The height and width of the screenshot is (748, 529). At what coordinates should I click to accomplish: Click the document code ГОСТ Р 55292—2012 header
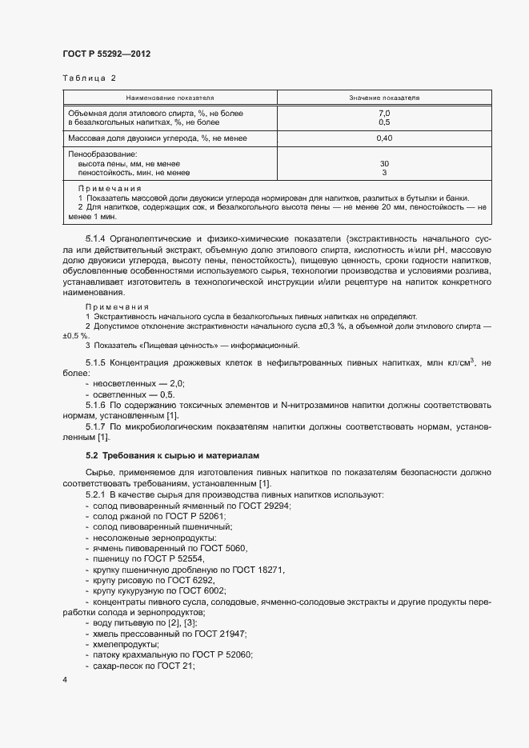coord(106,54)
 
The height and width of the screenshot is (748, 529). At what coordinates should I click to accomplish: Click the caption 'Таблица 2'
coord(89,78)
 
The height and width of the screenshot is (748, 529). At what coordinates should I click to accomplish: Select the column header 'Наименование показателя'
coord(170,98)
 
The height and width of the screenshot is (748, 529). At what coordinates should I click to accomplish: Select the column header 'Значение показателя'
coord(384,98)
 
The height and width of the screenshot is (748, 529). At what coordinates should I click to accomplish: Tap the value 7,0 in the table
coord(384,114)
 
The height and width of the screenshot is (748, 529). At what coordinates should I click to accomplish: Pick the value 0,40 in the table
coord(384,138)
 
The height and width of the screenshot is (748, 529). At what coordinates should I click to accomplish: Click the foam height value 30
coord(384,163)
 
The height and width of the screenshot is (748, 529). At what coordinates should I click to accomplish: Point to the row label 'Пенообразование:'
coord(103,154)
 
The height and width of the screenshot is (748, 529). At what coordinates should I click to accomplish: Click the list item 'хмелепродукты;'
coord(126,643)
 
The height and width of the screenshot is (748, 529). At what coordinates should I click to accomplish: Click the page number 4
coord(64,679)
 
